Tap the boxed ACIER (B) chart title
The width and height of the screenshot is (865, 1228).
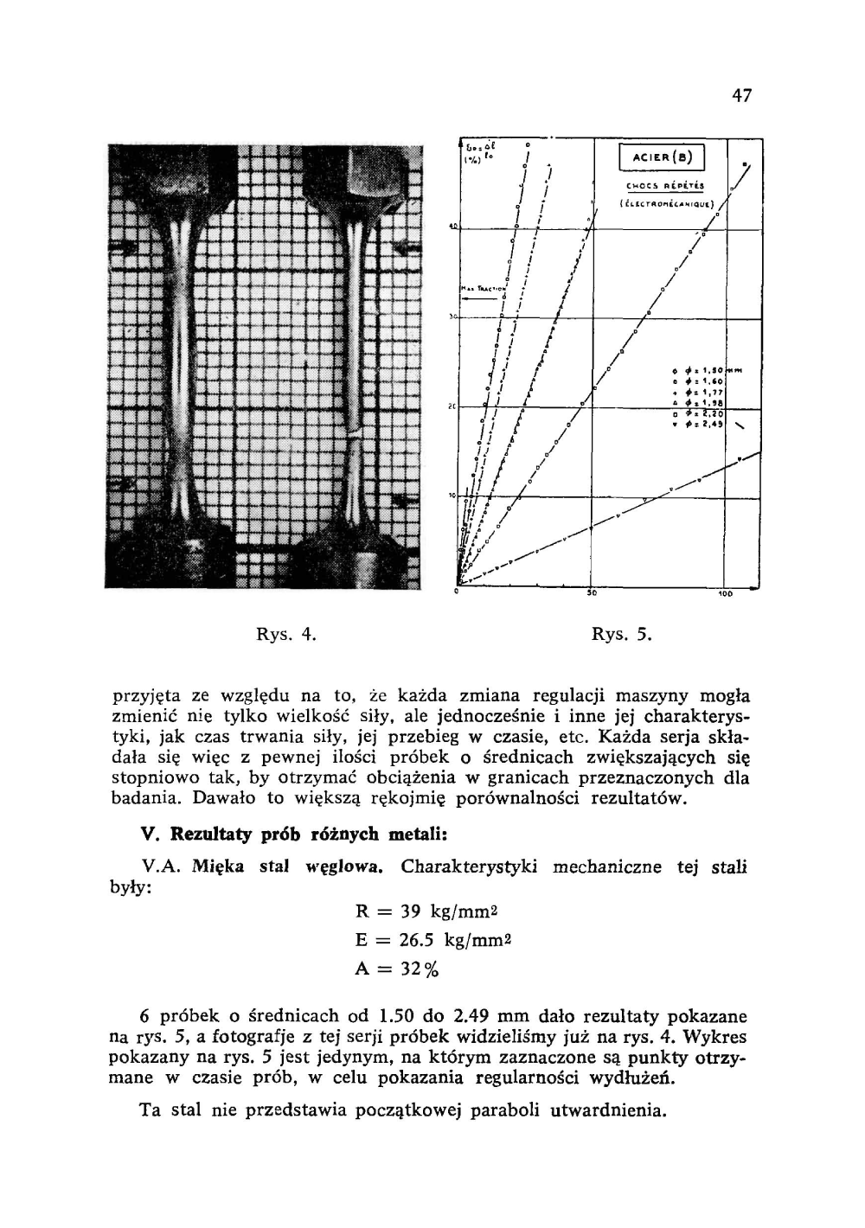[x=663, y=158]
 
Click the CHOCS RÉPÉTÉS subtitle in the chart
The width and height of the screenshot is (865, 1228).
[x=663, y=185]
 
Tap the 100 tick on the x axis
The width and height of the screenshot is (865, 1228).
[x=725, y=596]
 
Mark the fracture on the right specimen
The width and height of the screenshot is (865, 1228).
[x=354, y=432]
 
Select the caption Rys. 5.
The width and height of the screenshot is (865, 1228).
[x=620, y=636]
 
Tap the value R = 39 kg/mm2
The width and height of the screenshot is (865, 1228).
[x=429, y=911]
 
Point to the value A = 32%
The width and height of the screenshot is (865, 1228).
[x=397, y=969]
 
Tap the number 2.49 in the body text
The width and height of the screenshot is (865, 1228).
[x=473, y=1017]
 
